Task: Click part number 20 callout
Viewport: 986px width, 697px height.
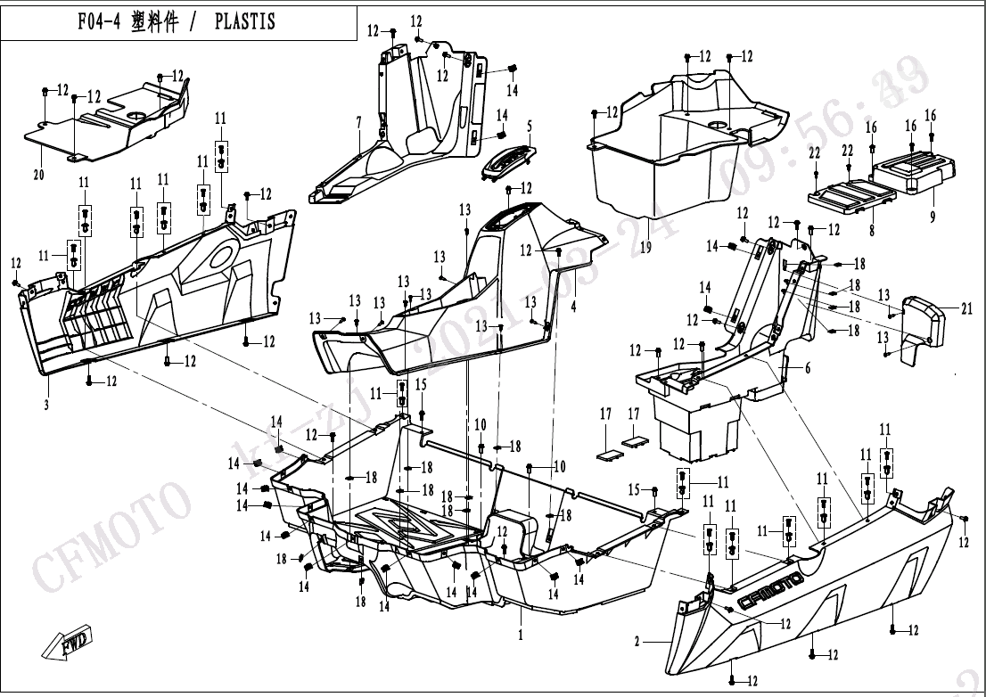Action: click(38, 175)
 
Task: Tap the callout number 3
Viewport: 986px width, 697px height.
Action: click(45, 405)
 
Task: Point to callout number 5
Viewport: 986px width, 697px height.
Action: click(529, 125)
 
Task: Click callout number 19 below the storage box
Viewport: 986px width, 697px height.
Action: click(645, 247)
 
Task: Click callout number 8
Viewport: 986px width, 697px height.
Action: click(871, 230)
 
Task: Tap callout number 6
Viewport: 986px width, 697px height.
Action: click(807, 367)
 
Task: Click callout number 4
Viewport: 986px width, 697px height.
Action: click(573, 307)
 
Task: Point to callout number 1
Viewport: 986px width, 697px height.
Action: click(521, 635)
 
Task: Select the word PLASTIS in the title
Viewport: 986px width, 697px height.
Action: click(245, 21)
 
